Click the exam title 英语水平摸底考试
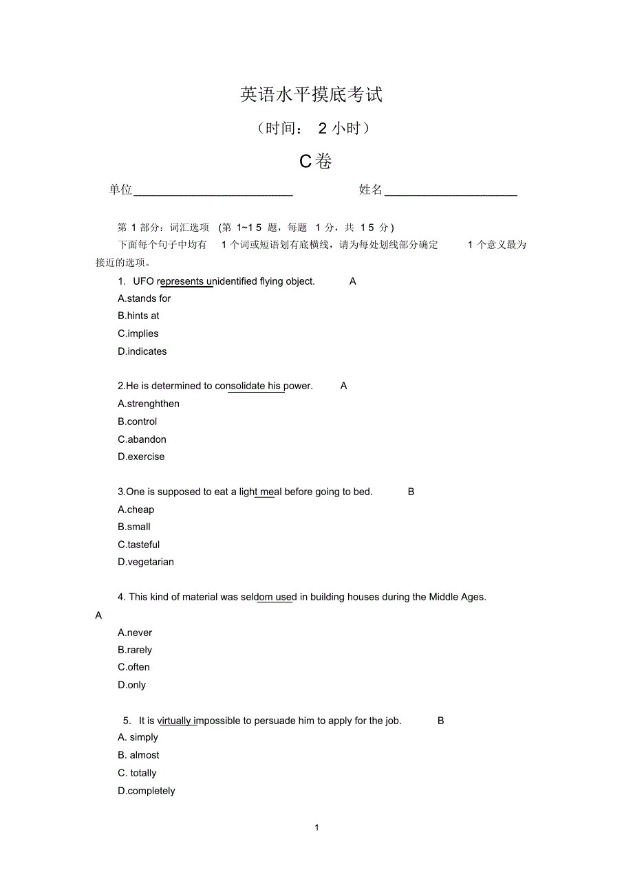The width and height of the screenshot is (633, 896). point(311,95)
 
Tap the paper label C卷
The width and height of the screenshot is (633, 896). point(316,162)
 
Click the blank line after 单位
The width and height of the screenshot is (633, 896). point(213,190)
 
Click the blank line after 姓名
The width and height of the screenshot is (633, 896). point(451,190)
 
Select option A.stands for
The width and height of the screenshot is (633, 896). point(144,298)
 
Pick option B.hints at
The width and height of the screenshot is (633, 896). point(138,316)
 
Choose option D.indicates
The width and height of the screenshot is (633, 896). point(142,351)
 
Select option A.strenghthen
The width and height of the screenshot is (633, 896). point(149,404)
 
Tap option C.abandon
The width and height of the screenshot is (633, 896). point(142,439)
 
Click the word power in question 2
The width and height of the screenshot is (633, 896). point(297,386)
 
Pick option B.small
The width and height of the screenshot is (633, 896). point(134,527)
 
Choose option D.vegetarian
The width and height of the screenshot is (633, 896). point(146,562)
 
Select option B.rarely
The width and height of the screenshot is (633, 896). point(135,650)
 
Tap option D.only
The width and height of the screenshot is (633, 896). point(131,685)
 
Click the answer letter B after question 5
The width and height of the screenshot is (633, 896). point(441,721)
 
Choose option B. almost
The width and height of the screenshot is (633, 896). point(138,755)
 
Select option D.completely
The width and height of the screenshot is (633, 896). point(147,791)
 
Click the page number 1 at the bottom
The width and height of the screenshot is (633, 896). point(316,827)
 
